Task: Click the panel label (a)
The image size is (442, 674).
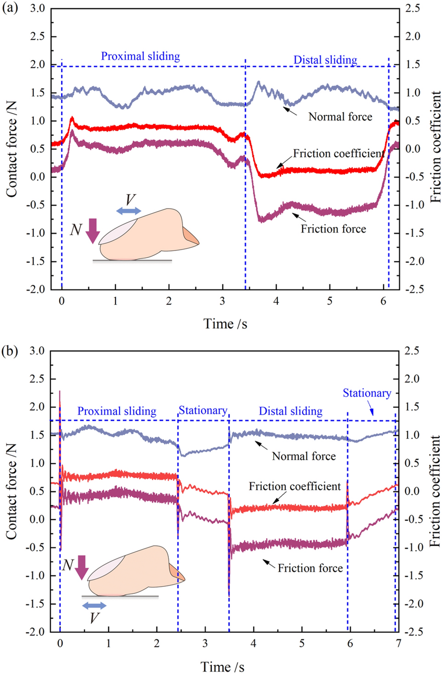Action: coord(10,8)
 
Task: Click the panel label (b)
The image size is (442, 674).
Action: coord(10,351)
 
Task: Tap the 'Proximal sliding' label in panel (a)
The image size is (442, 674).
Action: coord(140,56)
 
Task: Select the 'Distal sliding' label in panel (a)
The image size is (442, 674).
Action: coord(325,60)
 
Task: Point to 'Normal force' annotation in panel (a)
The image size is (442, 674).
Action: coord(340,117)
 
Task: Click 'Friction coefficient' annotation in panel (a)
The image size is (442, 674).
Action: coord(339,153)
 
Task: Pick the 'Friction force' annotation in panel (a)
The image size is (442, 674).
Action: coord(333,229)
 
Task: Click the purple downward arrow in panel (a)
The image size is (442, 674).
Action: coord(92,231)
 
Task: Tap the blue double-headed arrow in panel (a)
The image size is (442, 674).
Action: coord(129,211)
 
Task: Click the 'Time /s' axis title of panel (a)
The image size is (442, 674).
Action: coord(225,324)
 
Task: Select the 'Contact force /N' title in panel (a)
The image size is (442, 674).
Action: coord(11,149)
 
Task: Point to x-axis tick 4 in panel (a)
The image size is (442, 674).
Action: coord(276,301)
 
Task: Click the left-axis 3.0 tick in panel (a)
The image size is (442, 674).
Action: coord(38,9)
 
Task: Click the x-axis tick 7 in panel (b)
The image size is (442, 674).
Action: coord(398,644)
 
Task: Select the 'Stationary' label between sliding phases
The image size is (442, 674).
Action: coord(203,410)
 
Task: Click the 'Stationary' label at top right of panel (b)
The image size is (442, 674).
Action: coord(367,393)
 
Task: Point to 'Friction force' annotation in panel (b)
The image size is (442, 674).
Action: coord(310,568)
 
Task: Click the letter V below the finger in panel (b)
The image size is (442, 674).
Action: coord(94,617)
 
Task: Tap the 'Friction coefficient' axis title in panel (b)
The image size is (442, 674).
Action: coord(435,491)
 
